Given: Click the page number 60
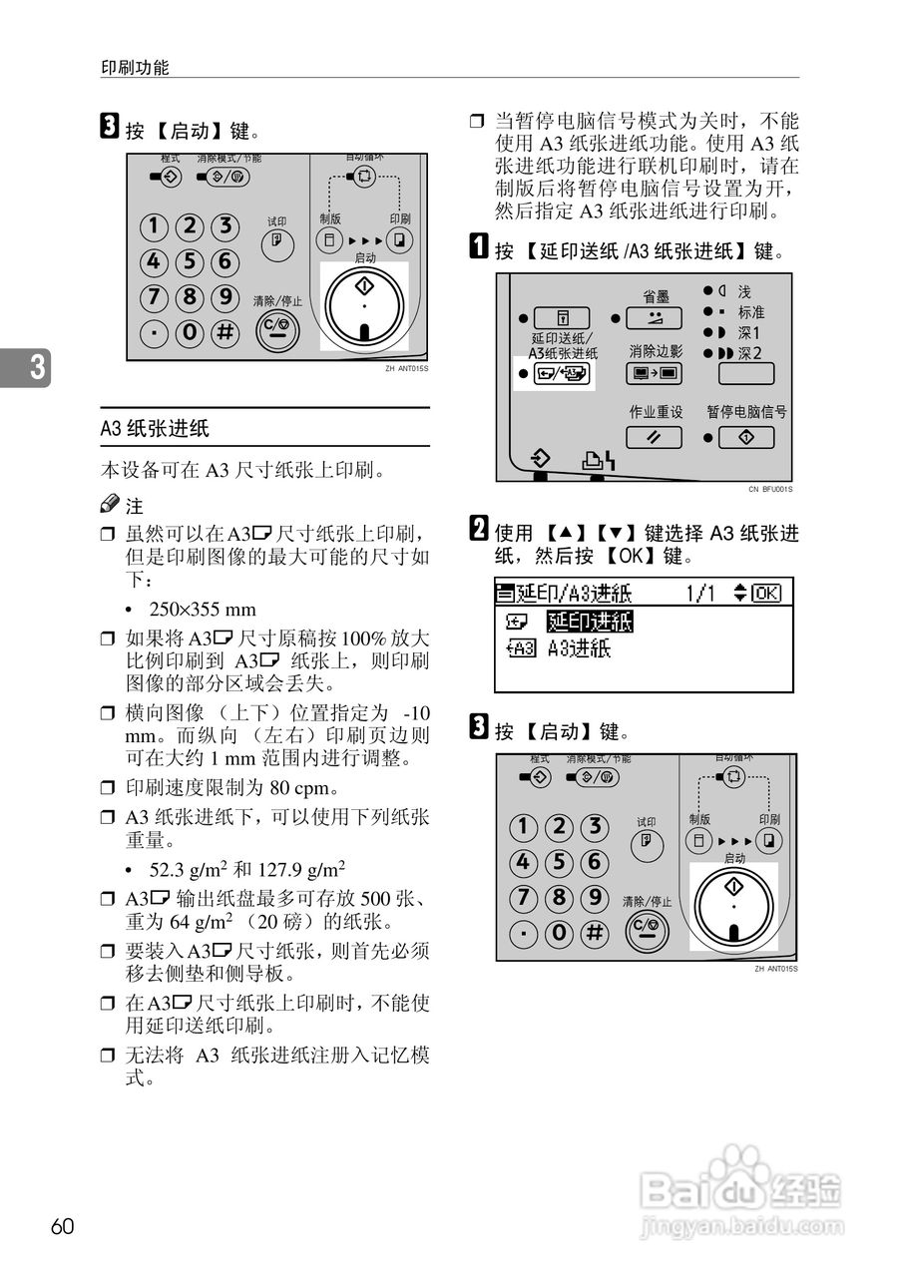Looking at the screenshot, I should [x=62, y=1226].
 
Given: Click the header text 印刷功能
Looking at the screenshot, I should [x=136, y=68].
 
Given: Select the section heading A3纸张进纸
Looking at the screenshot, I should [x=155, y=428].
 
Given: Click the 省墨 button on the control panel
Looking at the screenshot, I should [x=655, y=319].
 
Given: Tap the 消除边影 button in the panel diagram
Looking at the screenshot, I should [x=655, y=375].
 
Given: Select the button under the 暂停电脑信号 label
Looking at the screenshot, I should [x=745, y=437].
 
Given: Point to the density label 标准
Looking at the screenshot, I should [x=750, y=312].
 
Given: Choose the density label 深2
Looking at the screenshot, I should [x=749, y=354].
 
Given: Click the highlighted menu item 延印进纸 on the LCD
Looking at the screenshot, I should [x=589, y=623].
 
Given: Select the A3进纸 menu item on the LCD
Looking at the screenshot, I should [x=579, y=649].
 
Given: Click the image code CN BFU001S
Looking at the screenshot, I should [x=769, y=489].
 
